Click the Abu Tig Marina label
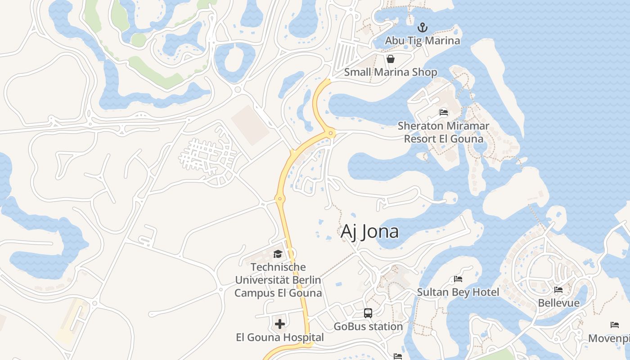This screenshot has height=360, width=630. pos(422,40)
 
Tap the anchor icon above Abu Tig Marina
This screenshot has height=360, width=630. pos(422,27)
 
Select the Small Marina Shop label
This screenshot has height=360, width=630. pos(390,72)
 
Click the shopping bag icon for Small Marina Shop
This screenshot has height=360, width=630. pos(390,59)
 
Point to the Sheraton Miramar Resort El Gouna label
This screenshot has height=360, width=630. pos(443,132)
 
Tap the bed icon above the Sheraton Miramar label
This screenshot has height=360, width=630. pos(444,112)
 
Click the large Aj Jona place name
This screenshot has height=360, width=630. pos(369,231)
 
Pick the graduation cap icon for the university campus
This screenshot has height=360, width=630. pos(278,254)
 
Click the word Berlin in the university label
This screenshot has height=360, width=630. pos(307,280)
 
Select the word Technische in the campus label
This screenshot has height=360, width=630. pos(278,267)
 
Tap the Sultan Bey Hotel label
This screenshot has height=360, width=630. pos(458,292)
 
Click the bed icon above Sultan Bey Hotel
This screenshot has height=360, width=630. pos(458,279)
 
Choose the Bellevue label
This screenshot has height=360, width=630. pos(558,302)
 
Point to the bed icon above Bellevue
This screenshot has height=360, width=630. pos(558,290)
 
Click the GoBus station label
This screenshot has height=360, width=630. pos(368,326)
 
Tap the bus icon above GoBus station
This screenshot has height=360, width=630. pos(368,313)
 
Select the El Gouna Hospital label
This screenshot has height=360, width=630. pos(280,337)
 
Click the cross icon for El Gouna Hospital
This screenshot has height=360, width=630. pos(280,324)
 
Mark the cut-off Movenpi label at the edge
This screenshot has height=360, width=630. pos(609,338)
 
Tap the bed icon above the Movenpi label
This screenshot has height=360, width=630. pos(615,325)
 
